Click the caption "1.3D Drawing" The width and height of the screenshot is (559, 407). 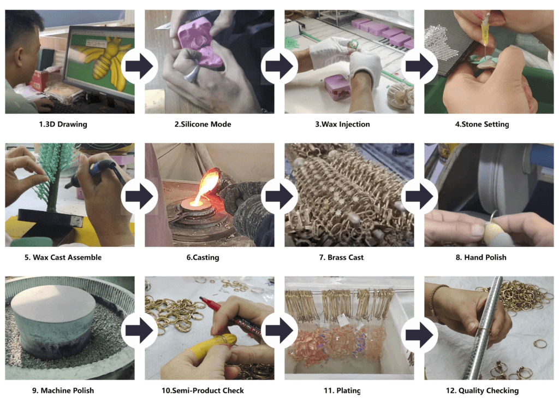tap(63, 124)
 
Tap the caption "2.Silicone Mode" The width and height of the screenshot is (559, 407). tap(203, 124)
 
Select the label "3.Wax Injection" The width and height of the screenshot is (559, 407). tap(342, 124)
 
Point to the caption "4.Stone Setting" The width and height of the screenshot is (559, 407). tap(482, 124)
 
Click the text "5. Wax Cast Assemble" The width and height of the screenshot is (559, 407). tap(63, 257)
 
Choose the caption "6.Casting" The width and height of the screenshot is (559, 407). tap(203, 257)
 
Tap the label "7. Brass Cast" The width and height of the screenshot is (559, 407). tap(342, 257)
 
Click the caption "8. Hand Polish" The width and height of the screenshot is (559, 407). tap(482, 257)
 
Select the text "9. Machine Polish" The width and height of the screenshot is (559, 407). tap(63, 391)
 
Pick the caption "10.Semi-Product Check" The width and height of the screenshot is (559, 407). tap(203, 391)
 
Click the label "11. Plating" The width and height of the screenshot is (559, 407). tap(342, 391)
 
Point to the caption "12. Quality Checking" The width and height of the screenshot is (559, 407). tap(482, 391)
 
